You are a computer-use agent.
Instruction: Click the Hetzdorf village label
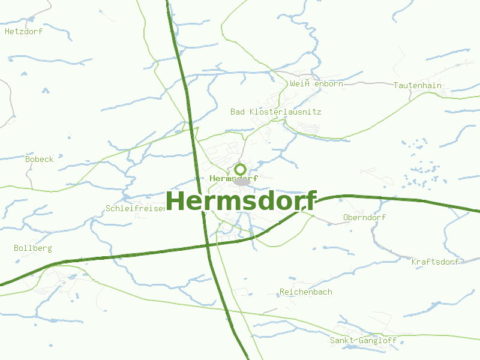[23, 32]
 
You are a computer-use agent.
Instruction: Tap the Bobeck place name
[39, 159]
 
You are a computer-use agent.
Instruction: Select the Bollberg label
[33, 248]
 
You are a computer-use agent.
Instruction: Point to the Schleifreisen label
[135, 208]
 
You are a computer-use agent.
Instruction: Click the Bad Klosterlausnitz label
[276, 112]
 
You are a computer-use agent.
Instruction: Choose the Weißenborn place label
[316, 83]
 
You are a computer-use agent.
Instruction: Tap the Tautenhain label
[418, 85]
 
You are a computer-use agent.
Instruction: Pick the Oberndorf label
[364, 217]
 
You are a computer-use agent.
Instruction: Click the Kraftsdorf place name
[435, 262]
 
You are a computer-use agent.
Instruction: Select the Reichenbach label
[306, 292]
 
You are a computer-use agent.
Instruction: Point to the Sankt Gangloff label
[363, 340]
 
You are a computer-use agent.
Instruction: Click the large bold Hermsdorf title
[241, 201]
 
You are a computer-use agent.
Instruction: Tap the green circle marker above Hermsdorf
[240, 169]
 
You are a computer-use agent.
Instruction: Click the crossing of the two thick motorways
[207, 245]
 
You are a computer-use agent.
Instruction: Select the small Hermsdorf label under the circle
[234, 178]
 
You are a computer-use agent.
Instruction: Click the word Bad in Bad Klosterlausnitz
[238, 112]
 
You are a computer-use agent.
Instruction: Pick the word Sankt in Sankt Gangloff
[342, 340]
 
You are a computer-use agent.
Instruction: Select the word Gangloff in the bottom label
[377, 340]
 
